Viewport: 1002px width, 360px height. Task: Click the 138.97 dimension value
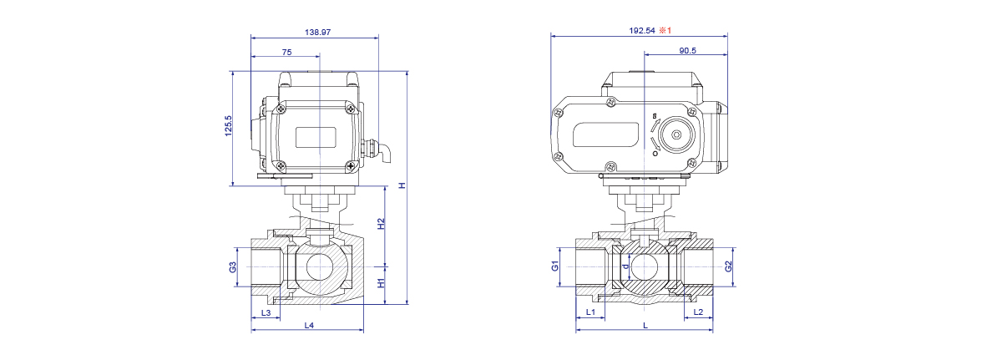click(317, 33)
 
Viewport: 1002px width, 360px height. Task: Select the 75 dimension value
click(286, 53)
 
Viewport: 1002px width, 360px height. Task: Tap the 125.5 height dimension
click(229, 125)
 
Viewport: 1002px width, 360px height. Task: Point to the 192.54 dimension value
click(642, 30)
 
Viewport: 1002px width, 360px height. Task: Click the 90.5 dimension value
click(687, 51)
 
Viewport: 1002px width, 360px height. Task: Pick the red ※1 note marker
click(665, 30)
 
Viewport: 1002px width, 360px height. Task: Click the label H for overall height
click(402, 185)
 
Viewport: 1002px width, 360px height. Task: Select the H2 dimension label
click(381, 224)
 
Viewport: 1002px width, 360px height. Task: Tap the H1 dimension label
click(381, 283)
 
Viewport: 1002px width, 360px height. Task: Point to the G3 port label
click(233, 267)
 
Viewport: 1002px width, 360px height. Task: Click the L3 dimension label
click(266, 312)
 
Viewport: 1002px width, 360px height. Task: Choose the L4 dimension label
click(309, 325)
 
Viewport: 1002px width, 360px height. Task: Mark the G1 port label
click(555, 266)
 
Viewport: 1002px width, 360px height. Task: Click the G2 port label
click(728, 266)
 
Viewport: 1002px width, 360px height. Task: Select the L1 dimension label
click(590, 312)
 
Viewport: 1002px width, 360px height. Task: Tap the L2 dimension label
click(698, 312)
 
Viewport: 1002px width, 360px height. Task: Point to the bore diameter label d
click(625, 266)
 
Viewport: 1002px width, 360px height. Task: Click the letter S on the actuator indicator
click(655, 116)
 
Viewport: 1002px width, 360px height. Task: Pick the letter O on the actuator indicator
click(655, 154)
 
